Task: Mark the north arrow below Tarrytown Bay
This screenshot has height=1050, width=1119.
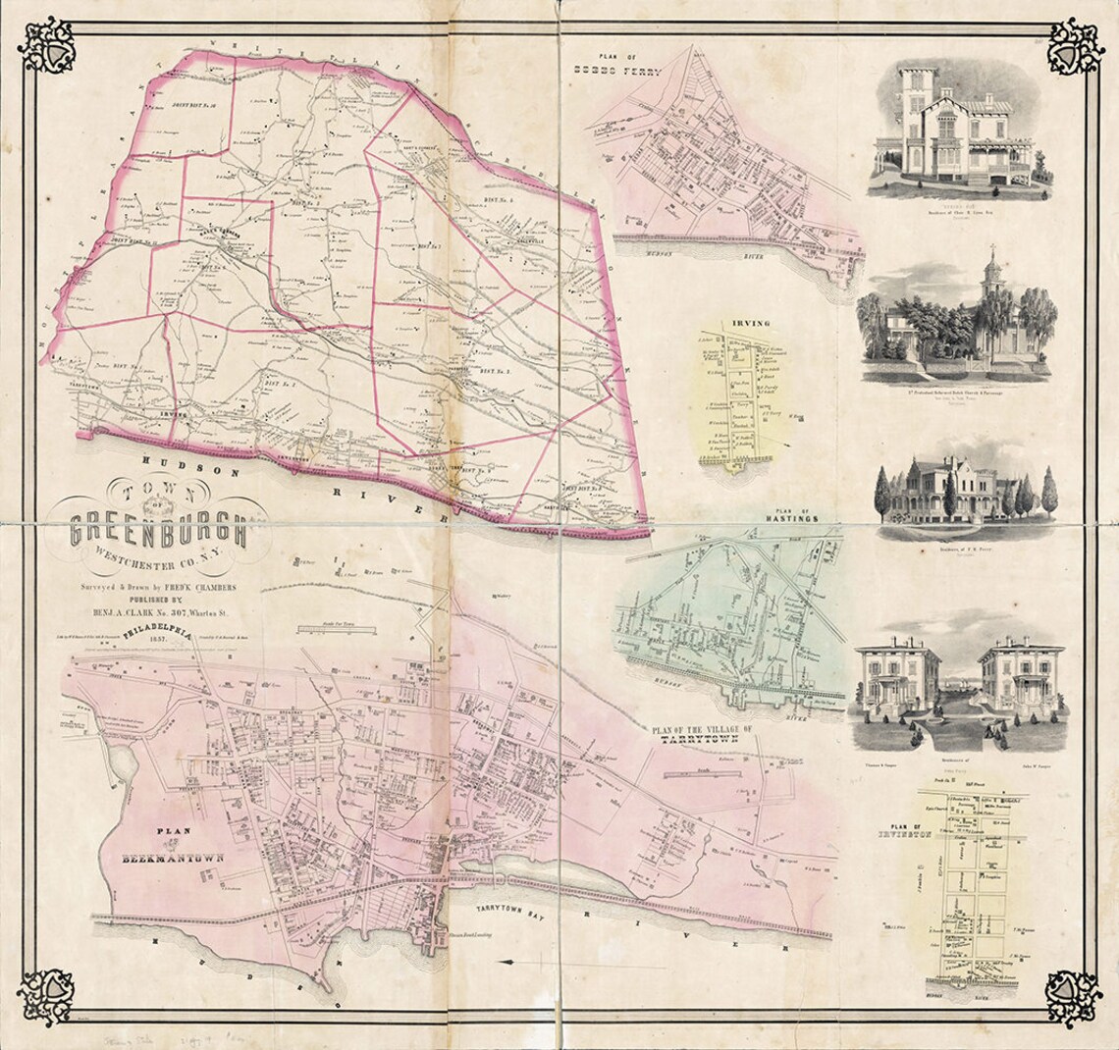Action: [506, 962]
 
